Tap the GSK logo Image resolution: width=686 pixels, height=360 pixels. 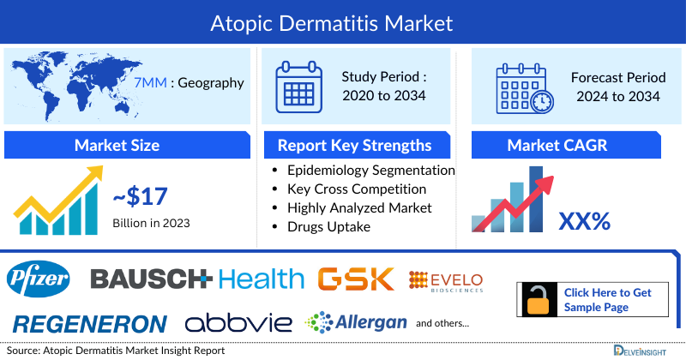point(355,279)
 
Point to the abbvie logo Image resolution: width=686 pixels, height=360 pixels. point(238,323)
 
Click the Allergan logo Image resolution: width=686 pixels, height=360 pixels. point(353,323)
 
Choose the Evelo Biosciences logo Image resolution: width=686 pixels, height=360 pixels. point(446,280)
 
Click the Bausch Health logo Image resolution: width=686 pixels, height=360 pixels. point(197,279)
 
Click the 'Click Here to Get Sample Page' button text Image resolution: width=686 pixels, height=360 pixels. point(607,299)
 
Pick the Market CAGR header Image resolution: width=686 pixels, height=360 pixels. point(569,145)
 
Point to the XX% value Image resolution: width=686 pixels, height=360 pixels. point(584,222)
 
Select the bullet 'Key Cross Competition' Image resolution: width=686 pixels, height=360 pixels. point(357,189)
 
